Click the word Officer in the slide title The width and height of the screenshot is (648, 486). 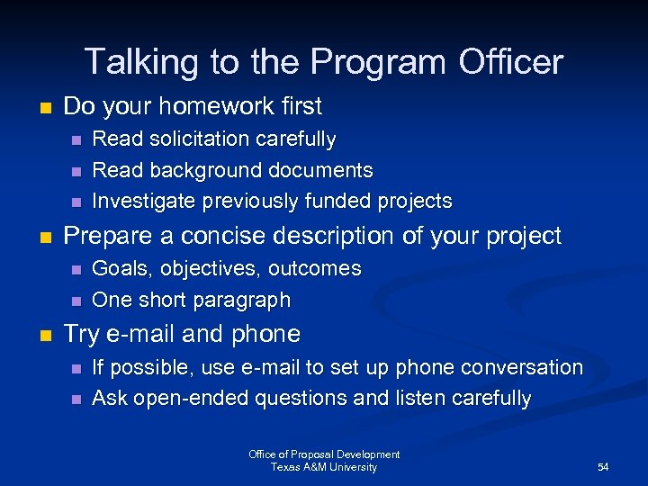coord(512,62)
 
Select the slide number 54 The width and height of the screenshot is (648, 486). coord(603,467)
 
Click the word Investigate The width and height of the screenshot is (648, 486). coord(145,200)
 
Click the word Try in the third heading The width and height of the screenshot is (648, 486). coord(81,334)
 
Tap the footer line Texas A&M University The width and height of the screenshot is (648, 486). coord(324,467)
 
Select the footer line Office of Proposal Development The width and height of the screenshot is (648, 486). coord(324,454)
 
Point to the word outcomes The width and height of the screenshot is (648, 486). coord(315,268)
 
